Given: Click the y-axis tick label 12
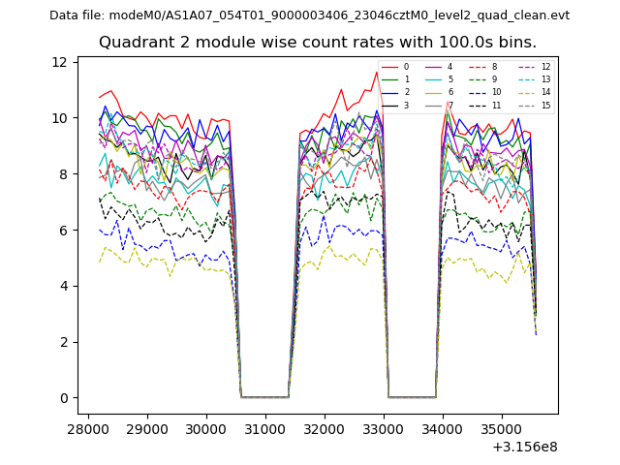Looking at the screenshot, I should (59, 62).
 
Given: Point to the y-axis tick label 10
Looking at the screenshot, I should (59, 118).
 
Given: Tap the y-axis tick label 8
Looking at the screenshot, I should (62, 174).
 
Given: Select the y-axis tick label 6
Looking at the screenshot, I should (62, 231).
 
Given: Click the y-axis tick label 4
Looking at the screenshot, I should (62, 287).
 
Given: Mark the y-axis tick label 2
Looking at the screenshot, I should (62, 342).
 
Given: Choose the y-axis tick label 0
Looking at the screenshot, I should (62, 398).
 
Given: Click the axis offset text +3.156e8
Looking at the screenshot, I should (524, 447).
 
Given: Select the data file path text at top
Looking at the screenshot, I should (309, 15).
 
